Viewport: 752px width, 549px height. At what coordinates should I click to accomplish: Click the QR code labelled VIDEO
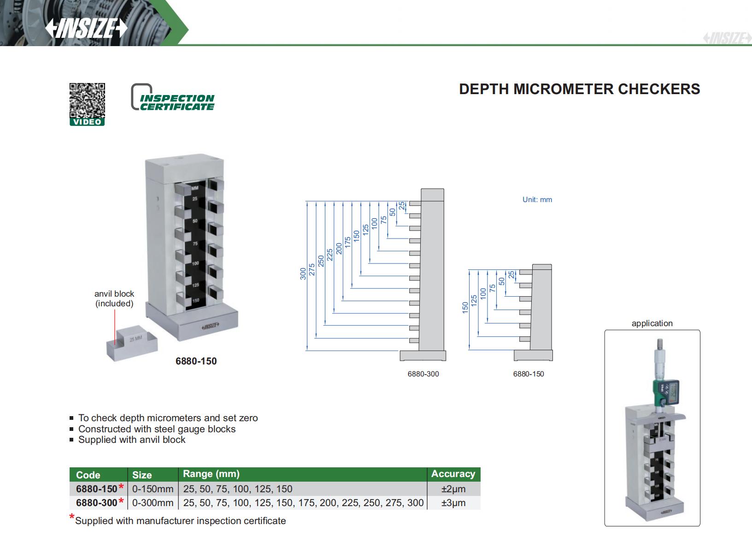(87, 104)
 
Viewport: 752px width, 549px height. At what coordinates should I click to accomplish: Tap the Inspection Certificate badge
(172, 97)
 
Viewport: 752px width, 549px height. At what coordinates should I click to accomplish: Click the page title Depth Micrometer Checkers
(580, 89)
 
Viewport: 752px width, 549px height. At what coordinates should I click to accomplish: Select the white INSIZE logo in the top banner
(86, 28)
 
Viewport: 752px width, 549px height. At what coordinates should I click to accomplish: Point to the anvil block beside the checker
(132, 343)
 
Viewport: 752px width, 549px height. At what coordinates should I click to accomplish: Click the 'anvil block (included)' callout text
(114, 298)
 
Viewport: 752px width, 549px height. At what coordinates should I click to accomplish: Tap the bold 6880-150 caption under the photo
(196, 361)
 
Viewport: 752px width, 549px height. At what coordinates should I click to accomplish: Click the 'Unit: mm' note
(537, 199)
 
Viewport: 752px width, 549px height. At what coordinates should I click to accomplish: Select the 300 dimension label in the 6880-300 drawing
(303, 274)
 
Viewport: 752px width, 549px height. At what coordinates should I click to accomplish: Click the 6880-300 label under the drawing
(423, 374)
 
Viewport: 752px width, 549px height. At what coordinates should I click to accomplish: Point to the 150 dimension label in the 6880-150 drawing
(465, 308)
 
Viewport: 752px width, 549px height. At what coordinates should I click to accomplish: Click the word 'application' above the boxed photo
(652, 323)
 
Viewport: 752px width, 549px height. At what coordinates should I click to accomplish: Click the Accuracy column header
(453, 474)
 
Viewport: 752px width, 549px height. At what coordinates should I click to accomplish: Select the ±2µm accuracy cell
(453, 489)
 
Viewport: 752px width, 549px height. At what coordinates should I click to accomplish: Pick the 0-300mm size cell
(153, 502)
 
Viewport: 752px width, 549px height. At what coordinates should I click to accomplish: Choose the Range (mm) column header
(211, 474)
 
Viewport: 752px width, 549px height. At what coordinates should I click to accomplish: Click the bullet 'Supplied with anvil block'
(132, 440)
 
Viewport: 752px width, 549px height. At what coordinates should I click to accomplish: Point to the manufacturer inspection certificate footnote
(177, 520)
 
